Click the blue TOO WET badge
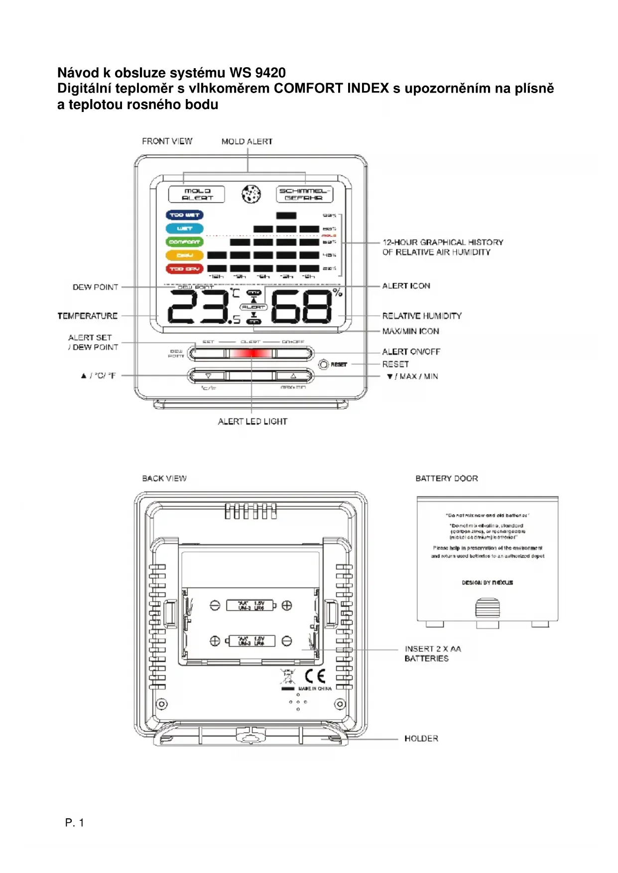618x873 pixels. click(x=184, y=215)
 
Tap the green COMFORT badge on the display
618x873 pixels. click(x=184, y=242)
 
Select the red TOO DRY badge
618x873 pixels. click(x=184, y=269)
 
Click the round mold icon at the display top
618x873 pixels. click(x=251, y=194)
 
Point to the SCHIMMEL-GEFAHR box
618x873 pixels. click(x=304, y=194)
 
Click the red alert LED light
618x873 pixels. click(x=251, y=353)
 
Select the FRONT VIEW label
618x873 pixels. click(x=167, y=141)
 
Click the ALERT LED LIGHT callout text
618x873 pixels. click(x=252, y=422)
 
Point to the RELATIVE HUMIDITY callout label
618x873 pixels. click(x=422, y=316)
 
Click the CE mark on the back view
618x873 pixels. click(x=315, y=676)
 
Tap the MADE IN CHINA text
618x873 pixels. click(x=315, y=689)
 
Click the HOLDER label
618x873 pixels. click(x=421, y=739)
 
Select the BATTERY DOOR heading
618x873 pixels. click(x=447, y=478)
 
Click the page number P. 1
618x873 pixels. click(x=75, y=823)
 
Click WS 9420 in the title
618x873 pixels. click(x=257, y=73)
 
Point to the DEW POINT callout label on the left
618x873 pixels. click(x=96, y=287)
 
